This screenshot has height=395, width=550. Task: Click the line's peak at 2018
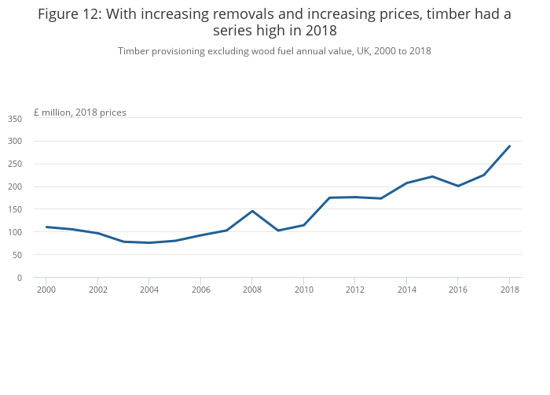[x=509, y=146]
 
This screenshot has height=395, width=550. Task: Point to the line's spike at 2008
[x=252, y=211]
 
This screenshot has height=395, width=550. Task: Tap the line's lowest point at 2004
[x=149, y=242]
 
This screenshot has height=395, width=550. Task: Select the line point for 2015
[x=432, y=176]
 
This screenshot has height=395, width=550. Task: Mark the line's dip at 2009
[x=278, y=231]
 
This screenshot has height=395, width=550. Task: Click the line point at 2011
[x=329, y=197]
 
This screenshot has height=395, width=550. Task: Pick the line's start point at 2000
[x=46, y=227]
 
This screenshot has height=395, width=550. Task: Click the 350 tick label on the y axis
[x=15, y=119]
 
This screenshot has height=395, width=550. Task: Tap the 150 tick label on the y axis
[x=15, y=209]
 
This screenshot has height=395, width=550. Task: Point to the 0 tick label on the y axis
[x=20, y=278]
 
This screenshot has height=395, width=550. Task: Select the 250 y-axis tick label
[x=15, y=164]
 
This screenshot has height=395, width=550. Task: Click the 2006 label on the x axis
[x=201, y=290]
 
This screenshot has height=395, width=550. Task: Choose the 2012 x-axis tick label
[x=355, y=290]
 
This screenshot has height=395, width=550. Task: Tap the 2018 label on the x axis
[x=509, y=290]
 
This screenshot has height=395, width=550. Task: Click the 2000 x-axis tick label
[x=46, y=290]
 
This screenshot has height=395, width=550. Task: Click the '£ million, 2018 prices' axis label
[x=80, y=113]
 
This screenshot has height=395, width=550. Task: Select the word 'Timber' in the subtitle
[x=134, y=51]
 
